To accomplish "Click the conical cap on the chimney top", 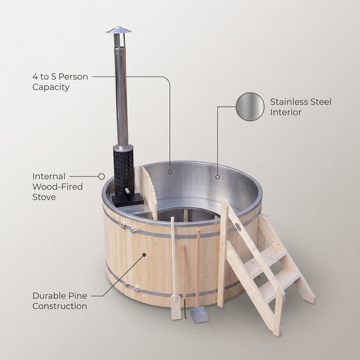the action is (119, 30).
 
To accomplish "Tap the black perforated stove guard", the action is (123, 170).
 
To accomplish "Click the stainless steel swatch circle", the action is (250, 106).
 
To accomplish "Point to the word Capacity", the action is (51, 87).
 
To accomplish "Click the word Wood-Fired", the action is (57, 187).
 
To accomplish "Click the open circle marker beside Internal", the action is (101, 176).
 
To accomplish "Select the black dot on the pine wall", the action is (144, 255).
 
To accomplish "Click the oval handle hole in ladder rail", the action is (238, 227).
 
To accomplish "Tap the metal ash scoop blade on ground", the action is (200, 315).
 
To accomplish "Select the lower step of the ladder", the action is (280, 284).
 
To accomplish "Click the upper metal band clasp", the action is (130, 229).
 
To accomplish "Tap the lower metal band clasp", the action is (133, 287).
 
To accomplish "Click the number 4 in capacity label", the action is (35, 76).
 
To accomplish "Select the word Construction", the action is (60, 306).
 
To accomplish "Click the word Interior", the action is (286, 112).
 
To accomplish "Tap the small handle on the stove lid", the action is (127, 191).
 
